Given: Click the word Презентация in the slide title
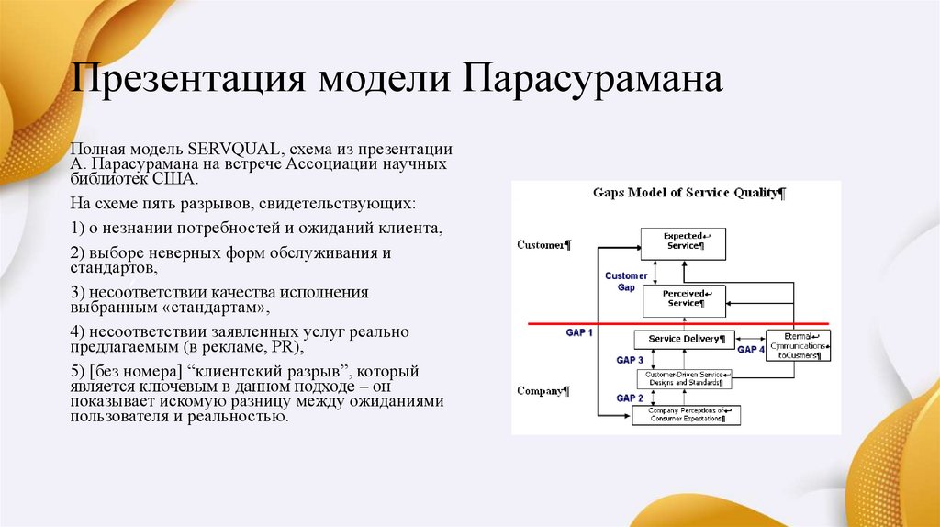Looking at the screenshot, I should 189,79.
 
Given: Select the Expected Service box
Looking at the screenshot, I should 683,241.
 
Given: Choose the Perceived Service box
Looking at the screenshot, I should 683,297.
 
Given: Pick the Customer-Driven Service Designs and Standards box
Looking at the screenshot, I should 684,377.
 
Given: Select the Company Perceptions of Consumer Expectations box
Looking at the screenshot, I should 686,414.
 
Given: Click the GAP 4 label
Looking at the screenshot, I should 750,349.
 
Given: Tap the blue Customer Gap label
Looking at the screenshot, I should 626,281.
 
